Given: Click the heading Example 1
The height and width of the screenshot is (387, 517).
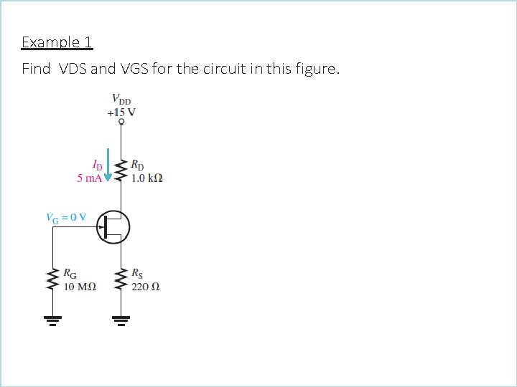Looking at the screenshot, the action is point(57,42).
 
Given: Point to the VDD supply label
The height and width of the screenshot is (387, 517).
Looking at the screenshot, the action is point(121,99).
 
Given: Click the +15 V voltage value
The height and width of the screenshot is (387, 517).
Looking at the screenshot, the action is point(121,112).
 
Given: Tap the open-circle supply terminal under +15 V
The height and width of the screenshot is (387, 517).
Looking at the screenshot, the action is point(121,123).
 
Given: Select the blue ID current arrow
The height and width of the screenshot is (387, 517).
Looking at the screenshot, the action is point(108,166).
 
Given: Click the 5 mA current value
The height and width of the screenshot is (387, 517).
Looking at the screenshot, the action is point(90,178).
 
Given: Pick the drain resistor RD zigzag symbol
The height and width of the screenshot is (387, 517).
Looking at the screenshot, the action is point(121,171).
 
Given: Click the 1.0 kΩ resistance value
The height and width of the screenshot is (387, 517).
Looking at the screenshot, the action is point(147,178).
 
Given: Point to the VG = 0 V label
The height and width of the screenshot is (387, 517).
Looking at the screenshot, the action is point(65,217).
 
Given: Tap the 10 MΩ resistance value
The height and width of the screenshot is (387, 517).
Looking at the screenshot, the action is point(80,287).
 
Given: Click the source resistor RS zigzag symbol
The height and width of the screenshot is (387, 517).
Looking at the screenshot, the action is point(121,280).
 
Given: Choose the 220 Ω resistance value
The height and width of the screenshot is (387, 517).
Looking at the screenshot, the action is point(146,287).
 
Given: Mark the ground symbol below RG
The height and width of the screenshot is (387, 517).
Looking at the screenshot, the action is point(52,320).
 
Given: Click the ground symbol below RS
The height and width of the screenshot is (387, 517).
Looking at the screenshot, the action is point(121,320).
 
